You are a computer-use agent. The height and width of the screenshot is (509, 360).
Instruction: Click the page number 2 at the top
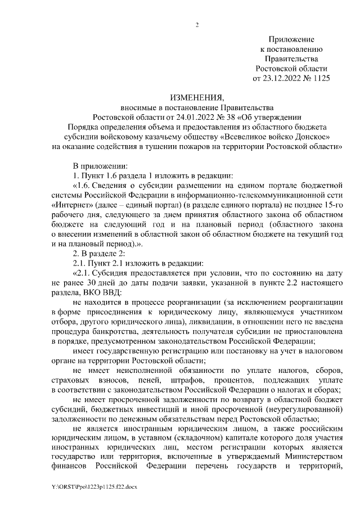point(197,24)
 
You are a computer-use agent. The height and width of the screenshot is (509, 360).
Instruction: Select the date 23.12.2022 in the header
point(282,78)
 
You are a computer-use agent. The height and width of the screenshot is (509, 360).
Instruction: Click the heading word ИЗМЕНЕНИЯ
point(197,97)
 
